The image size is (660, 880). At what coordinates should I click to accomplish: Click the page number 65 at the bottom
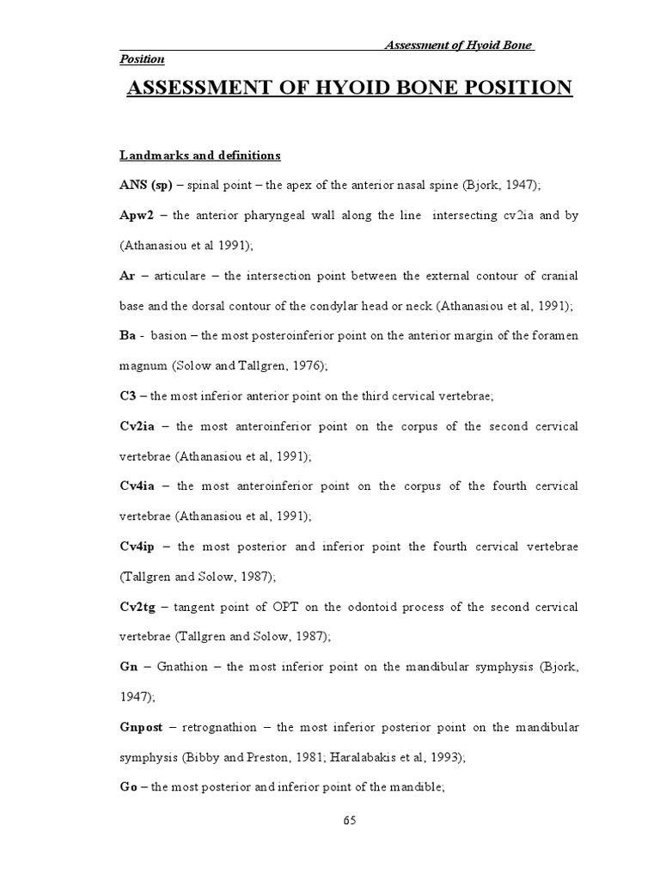tap(349, 819)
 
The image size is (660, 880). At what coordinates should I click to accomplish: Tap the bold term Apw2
tap(136, 215)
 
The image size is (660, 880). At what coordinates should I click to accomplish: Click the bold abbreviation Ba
tap(125, 335)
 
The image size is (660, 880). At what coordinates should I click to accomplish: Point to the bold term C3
tap(126, 395)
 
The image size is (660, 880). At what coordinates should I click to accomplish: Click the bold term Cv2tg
tap(138, 607)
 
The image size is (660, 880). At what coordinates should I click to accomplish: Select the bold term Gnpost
tap(143, 727)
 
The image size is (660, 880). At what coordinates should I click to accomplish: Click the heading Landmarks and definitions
tap(199, 156)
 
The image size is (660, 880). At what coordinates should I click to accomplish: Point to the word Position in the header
tap(141, 58)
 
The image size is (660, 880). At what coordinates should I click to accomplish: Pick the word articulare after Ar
tap(179, 275)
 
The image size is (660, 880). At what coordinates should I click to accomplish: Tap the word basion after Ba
tap(169, 335)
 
